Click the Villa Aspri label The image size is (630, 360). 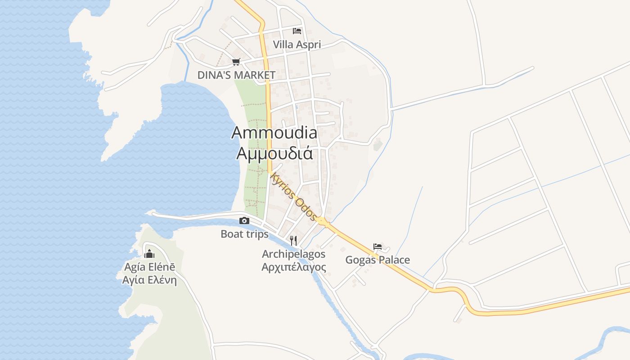[297, 45]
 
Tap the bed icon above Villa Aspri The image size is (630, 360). [297, 31]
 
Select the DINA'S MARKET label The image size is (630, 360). [236, 75]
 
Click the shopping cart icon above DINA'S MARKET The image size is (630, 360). [236, 62]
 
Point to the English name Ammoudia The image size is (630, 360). [274, 132]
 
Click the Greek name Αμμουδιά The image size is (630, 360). [274, 153]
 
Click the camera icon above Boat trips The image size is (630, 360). [244, 220]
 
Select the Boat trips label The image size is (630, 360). [244, 234]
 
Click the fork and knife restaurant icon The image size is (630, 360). [293, 240]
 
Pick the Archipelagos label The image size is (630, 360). [293, 254]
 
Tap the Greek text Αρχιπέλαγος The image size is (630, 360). [293, 267]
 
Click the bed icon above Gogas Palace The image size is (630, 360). [378, 247]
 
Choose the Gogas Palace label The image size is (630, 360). [378, 260]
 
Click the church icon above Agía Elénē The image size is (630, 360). [149, 253]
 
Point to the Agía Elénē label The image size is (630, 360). [149, 267]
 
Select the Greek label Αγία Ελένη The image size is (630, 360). [149, 280]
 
